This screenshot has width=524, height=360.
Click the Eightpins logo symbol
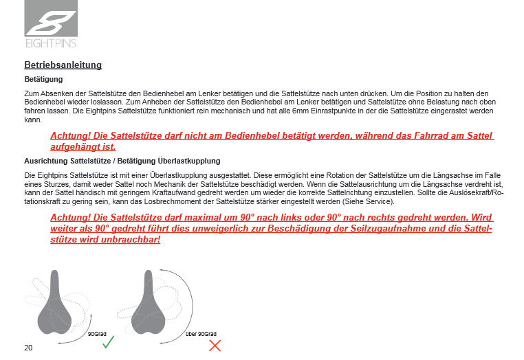50,19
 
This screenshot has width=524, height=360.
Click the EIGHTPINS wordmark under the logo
50,43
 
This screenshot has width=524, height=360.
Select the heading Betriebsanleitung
63,65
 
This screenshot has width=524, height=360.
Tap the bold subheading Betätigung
43,80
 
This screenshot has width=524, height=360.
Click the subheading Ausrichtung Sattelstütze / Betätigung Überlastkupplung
122,161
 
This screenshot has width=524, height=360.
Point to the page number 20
28,348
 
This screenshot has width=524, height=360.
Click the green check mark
107,342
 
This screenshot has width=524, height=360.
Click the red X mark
215,345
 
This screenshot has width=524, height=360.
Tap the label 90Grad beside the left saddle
97,333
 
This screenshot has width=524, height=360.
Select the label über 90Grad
201,333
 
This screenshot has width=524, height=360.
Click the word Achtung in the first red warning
70,135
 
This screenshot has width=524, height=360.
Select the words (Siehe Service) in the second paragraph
371,202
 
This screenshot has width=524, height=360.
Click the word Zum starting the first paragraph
30,93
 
